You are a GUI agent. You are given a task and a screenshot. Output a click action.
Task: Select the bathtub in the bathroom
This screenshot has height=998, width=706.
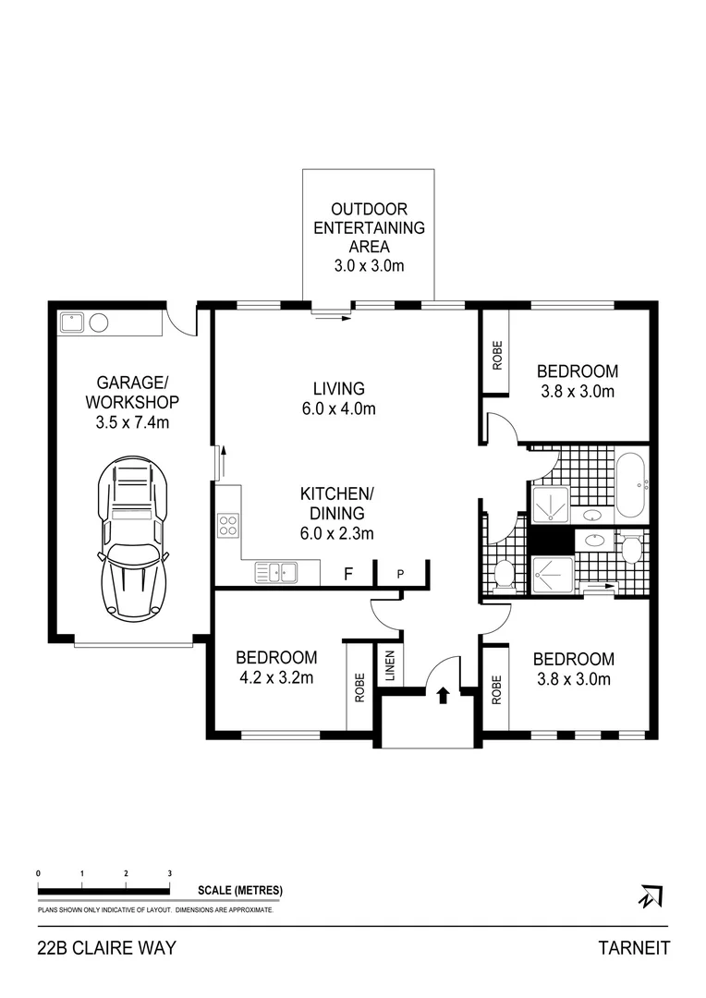(x=632, y=485)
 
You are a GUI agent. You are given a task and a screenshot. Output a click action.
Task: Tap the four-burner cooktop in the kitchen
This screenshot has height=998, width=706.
(x=226, y=526)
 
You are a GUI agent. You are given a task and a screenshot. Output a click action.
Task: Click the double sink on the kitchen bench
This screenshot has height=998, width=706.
(x=276, y=573)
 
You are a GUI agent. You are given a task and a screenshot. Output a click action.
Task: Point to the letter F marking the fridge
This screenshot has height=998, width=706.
(x=348, y=574)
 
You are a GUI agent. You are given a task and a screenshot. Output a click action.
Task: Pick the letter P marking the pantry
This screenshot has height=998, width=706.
(x=400, y=574)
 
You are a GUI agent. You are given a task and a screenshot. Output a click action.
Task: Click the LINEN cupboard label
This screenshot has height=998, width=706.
(x=389, y=667)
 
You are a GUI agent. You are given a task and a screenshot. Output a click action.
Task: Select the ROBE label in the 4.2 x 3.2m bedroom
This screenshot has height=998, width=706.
(x=358, y=687)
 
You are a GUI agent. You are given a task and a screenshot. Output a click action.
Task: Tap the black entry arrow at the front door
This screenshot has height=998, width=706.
(x=443, y=695)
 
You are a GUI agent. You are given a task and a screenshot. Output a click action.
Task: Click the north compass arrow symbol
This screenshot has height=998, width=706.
(x=651, y=895)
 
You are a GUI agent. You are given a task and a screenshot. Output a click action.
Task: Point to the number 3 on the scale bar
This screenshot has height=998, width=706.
(x=169, y=872)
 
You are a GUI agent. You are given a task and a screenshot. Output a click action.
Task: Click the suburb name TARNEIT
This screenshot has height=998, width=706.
(x=634, y=948)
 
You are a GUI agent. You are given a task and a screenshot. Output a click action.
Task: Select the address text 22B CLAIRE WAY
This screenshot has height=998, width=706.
(x=106, y=948)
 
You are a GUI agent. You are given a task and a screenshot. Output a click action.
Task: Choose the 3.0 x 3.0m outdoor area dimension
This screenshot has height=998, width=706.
(x=369, y=266)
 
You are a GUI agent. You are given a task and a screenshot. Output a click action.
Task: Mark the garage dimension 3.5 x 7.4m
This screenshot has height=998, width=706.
(x=131, y=422)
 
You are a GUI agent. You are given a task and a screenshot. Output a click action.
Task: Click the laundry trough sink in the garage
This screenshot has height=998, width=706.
(x=71, y=323)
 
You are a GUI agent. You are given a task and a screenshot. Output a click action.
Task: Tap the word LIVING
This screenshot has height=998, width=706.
(x=338, y=389)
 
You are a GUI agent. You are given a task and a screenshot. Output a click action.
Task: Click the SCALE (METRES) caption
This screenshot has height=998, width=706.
(x=239, y=891)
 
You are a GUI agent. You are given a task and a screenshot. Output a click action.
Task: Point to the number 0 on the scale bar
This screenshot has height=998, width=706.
(x=38, y=872)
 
